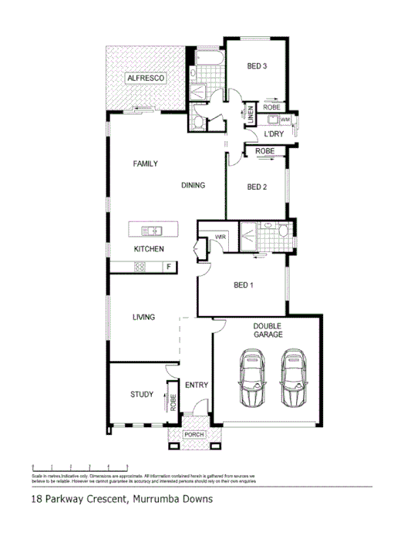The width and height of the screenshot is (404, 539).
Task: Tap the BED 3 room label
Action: tap(256, 66)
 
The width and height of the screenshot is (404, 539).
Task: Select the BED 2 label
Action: tap(256, 187)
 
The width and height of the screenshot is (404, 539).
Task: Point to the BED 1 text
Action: tap(243, 286)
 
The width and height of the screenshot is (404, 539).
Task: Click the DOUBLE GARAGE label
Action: tap(268, 331)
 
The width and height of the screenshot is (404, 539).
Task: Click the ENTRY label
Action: tap(197, 385)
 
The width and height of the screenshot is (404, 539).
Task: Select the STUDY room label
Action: tap(141, 394)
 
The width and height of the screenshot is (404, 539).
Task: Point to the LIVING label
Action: tap(143, 317)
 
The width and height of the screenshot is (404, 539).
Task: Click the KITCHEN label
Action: tap(149, 249)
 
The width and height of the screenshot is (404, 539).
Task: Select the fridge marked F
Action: tap(168, 267)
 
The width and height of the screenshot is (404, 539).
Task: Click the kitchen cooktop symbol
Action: tap(140, 267)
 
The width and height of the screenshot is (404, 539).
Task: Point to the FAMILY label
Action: tap(145, 163)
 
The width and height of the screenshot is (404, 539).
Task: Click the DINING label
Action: tap(193, 185)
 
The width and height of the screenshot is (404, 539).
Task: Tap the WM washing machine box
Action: tap(284, 120)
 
